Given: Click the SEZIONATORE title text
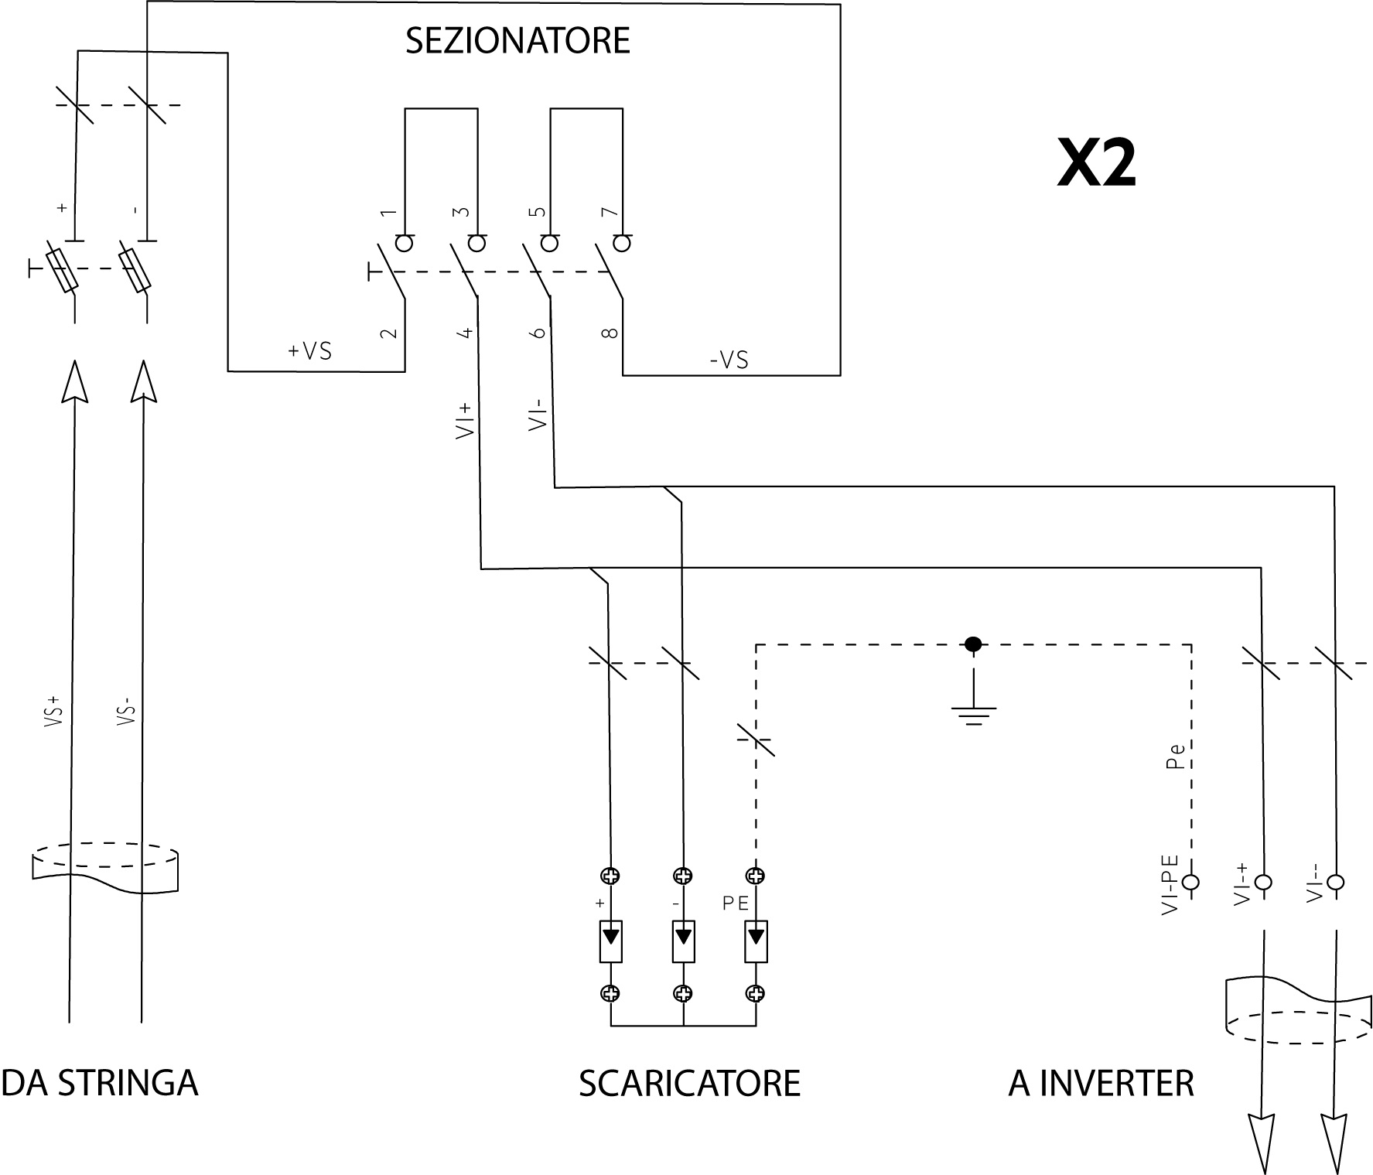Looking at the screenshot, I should (x=517, y=41).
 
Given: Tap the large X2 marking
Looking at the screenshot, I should (x=1096, y=164).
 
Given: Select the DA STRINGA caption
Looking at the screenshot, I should (x=100, y=1083).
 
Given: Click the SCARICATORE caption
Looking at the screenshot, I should (x=689, y=1084).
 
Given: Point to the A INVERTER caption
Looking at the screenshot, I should (x=1101, y=1084).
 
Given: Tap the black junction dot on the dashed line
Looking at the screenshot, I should (x=973, y=644).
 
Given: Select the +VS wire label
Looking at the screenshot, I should (x=309, y=351).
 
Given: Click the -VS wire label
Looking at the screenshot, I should (x=729, y=360).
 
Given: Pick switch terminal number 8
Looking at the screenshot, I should (x=610, y=333).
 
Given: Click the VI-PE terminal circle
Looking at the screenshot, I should (x=1191, y=882).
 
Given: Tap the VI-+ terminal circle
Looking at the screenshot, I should (x=1263, y=882).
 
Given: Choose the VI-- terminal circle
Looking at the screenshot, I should (x=1335, y=882).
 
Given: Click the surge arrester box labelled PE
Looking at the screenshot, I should (x=756, y=941).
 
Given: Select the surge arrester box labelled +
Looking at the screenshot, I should (x=611, y=941).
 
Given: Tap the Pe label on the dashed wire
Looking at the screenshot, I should (x=1175, y=757).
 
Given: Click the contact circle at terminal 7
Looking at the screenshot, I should (x=622, y=244).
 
